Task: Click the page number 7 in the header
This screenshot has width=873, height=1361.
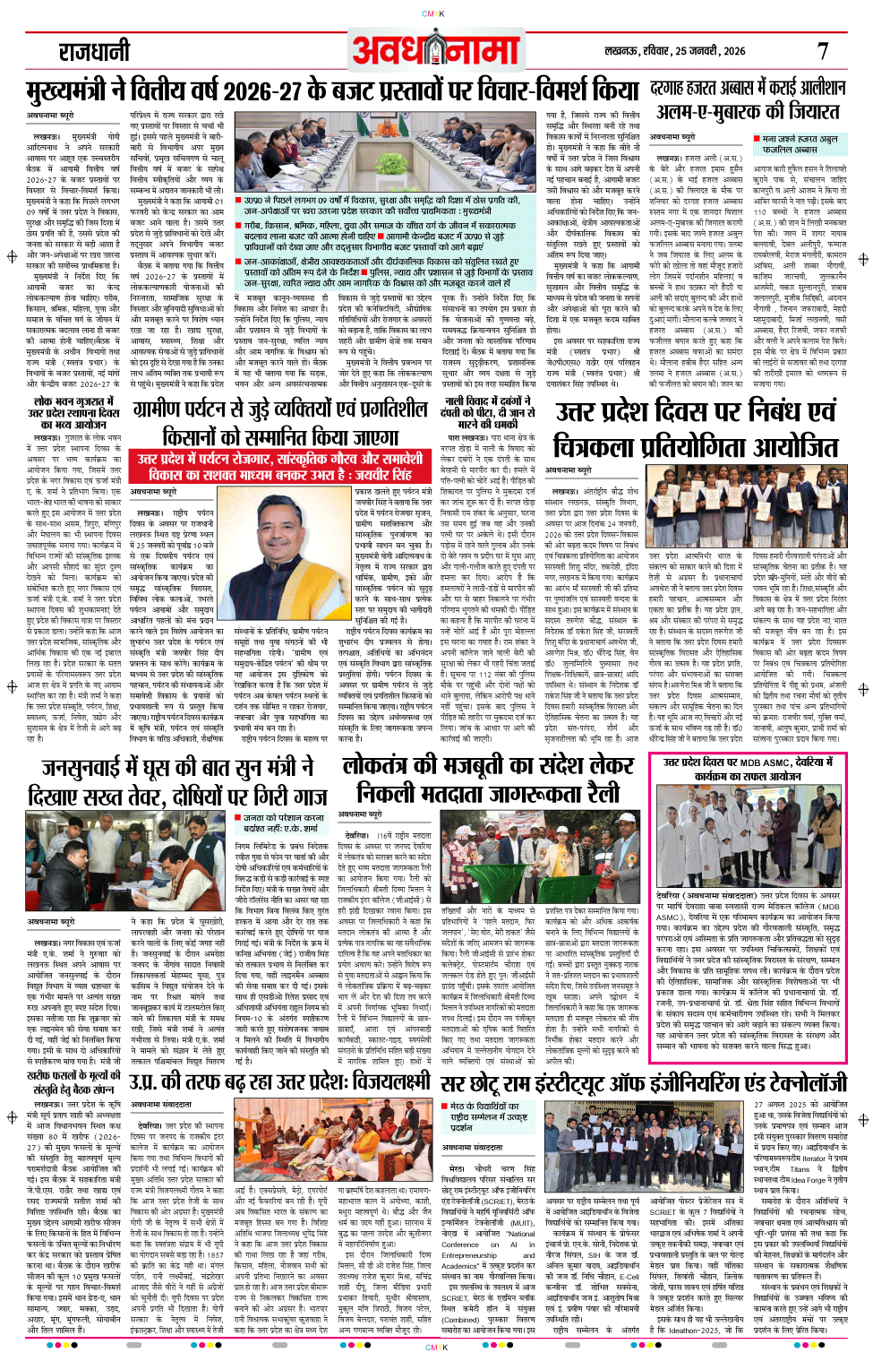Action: coord(823,51)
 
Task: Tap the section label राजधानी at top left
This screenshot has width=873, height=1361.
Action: coord(94,52)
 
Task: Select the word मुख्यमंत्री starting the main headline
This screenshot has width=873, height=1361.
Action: coord(68,92)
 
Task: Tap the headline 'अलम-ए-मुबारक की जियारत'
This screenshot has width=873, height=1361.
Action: coord(748,112)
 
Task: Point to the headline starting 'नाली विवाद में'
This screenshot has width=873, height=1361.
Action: coord(488,409)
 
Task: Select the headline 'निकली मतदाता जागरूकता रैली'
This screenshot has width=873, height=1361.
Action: coord(488,793)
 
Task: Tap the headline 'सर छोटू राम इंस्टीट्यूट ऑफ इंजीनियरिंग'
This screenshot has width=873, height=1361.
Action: coord(642,1082)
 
